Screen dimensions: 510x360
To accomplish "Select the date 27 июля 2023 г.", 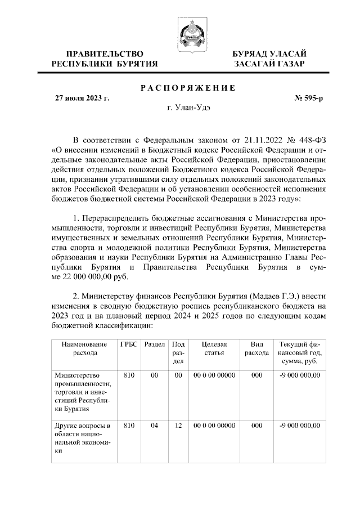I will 82,98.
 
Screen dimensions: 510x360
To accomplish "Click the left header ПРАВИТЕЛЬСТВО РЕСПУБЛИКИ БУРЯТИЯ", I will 105,59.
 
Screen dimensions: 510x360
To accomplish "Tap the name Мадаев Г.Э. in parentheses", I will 277,296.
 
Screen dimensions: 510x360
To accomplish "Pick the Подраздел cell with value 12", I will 178,426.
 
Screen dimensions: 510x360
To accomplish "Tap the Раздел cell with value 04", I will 154,426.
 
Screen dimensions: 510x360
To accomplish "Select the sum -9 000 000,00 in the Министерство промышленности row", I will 299,375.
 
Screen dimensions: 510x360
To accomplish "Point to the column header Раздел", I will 154,344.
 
